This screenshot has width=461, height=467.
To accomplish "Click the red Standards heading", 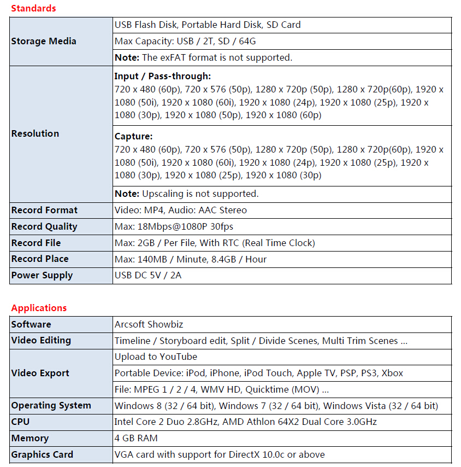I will (33, 8).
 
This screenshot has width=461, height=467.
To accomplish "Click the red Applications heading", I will (39, 308).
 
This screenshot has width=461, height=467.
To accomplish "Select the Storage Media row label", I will (44, 41).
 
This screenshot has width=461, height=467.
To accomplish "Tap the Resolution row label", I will (35, 133).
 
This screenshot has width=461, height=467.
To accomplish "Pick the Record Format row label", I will (44, 210).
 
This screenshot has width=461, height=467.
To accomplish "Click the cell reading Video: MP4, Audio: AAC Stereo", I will (181, 210).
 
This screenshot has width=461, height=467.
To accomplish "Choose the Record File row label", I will (36, 243).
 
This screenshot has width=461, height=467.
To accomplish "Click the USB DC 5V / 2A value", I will (148, 275).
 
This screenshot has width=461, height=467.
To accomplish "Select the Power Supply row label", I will (42, 275).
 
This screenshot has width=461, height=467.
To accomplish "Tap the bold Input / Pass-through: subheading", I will (163, 77).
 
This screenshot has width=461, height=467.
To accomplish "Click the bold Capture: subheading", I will (134, 137).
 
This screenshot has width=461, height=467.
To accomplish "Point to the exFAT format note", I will (203, 57).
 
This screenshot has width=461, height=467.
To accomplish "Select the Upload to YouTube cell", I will (156, 357).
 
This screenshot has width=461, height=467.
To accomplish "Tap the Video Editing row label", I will (41, 340).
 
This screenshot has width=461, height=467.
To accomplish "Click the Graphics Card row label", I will (42, 454).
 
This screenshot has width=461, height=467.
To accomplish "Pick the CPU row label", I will (20, 422).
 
